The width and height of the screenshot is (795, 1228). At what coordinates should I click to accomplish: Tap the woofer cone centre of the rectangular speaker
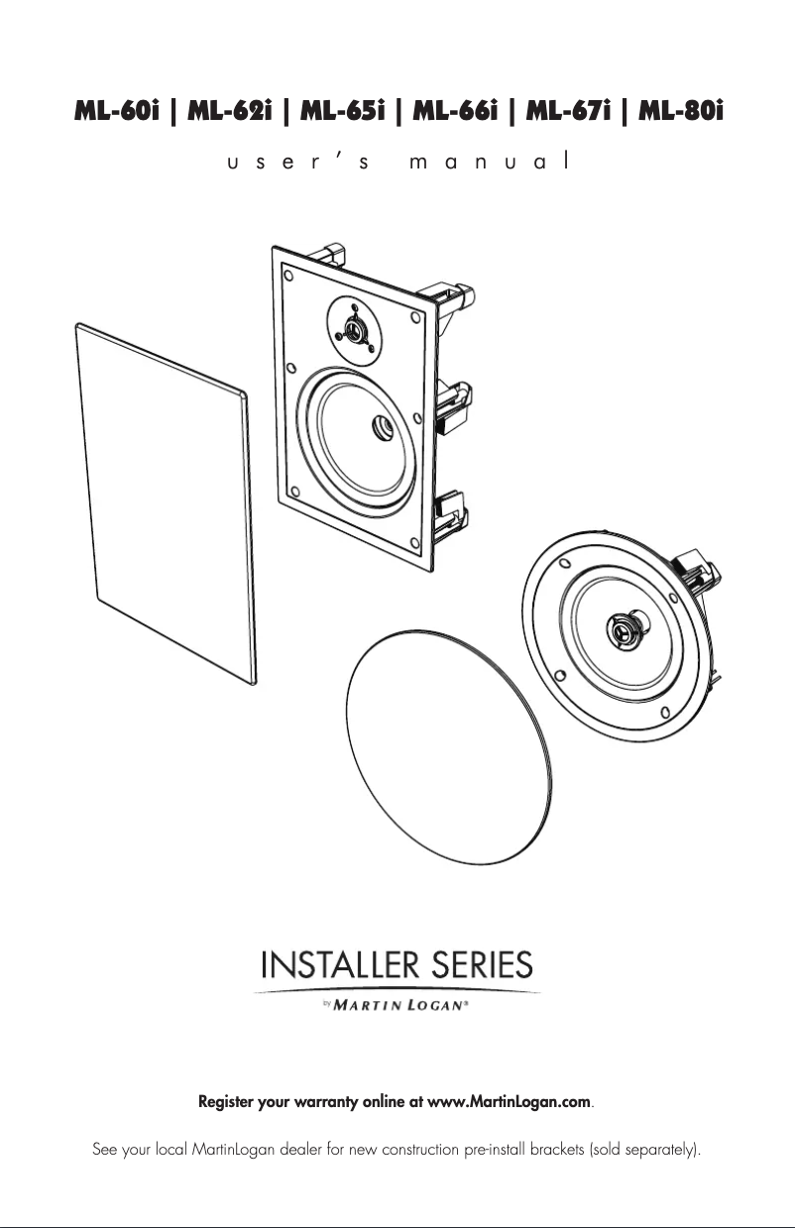click(379, 428)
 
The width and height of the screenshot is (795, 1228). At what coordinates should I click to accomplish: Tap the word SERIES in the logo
click(483, 964)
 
